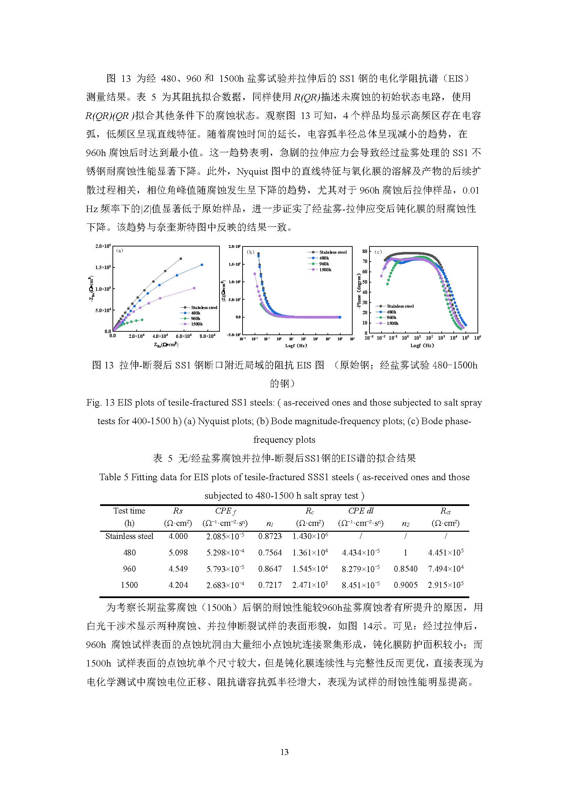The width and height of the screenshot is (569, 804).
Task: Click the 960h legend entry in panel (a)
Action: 195,318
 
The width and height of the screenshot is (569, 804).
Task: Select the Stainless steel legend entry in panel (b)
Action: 333,252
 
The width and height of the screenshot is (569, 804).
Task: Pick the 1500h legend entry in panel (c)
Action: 392,323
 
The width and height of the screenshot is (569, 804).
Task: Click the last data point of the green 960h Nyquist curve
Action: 142,319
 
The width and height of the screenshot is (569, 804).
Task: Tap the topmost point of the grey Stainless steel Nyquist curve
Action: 181,259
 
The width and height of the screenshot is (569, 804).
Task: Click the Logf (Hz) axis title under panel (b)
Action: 296,345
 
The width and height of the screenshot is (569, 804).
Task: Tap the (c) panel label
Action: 378,251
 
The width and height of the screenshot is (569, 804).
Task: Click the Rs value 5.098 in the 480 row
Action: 178,553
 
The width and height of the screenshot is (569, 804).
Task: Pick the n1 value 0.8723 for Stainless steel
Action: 270,536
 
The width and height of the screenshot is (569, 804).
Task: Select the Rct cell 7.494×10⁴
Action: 445,569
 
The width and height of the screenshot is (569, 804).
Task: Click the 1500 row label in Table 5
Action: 129,585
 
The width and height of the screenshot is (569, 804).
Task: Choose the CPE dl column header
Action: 361,511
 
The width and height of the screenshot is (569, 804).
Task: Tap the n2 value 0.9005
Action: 405,585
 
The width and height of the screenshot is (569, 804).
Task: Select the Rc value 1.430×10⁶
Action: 310,536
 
